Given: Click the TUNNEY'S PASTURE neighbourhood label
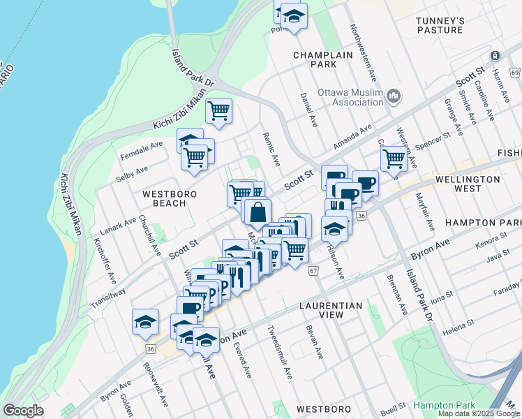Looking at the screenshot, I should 440,25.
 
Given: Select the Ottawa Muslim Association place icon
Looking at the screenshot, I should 393,95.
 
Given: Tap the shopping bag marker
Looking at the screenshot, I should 258,210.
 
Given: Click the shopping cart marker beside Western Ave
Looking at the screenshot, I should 394,159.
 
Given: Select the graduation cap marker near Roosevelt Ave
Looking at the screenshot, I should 145,321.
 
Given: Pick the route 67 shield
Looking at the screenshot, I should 313,271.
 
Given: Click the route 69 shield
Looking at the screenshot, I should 515,73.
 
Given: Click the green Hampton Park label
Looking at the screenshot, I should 444,405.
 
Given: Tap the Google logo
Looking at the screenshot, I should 24,411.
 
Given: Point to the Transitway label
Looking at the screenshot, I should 107,299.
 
